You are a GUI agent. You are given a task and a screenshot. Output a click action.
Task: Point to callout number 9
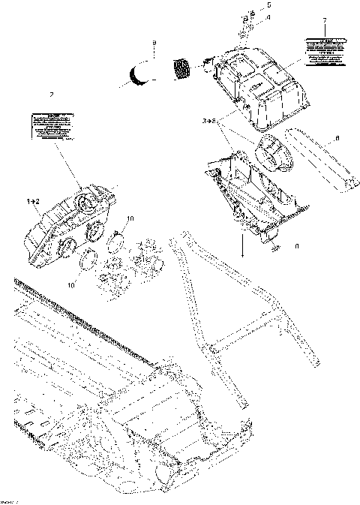153,44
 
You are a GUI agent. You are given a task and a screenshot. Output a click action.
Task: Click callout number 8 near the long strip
337,137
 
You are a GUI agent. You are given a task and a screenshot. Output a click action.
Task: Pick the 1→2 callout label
34,203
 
